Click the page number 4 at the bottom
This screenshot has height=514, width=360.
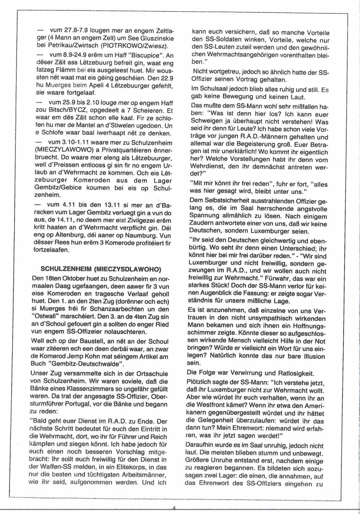[x=174, y=508]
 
